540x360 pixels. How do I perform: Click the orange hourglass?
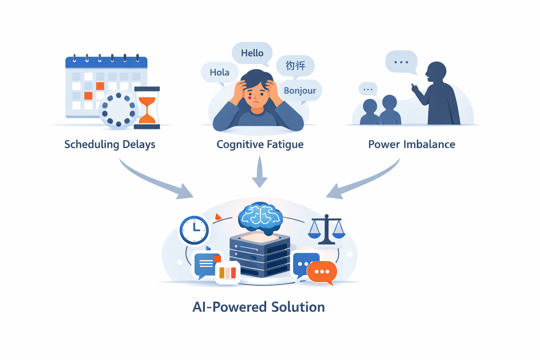(147, 108)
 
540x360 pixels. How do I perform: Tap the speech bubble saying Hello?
(252, 53)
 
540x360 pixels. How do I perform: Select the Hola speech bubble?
(219, 72)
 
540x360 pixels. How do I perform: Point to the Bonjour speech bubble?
(300, 91)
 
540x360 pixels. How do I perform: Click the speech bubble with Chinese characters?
(295, 66)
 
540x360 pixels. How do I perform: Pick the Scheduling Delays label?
(110, 144)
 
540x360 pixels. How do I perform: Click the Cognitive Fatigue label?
(260, 144)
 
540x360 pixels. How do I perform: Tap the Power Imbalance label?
(411, 144)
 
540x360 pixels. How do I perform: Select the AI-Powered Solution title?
(258, 307)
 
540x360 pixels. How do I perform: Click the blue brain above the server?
(260, 217)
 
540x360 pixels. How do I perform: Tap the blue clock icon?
(194, 230)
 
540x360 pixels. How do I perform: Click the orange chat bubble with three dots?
(322, 272)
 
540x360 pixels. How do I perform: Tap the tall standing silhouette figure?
(439, 97)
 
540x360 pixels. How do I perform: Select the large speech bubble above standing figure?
(401, 62)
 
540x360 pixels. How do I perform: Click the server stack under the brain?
(260, 255)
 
